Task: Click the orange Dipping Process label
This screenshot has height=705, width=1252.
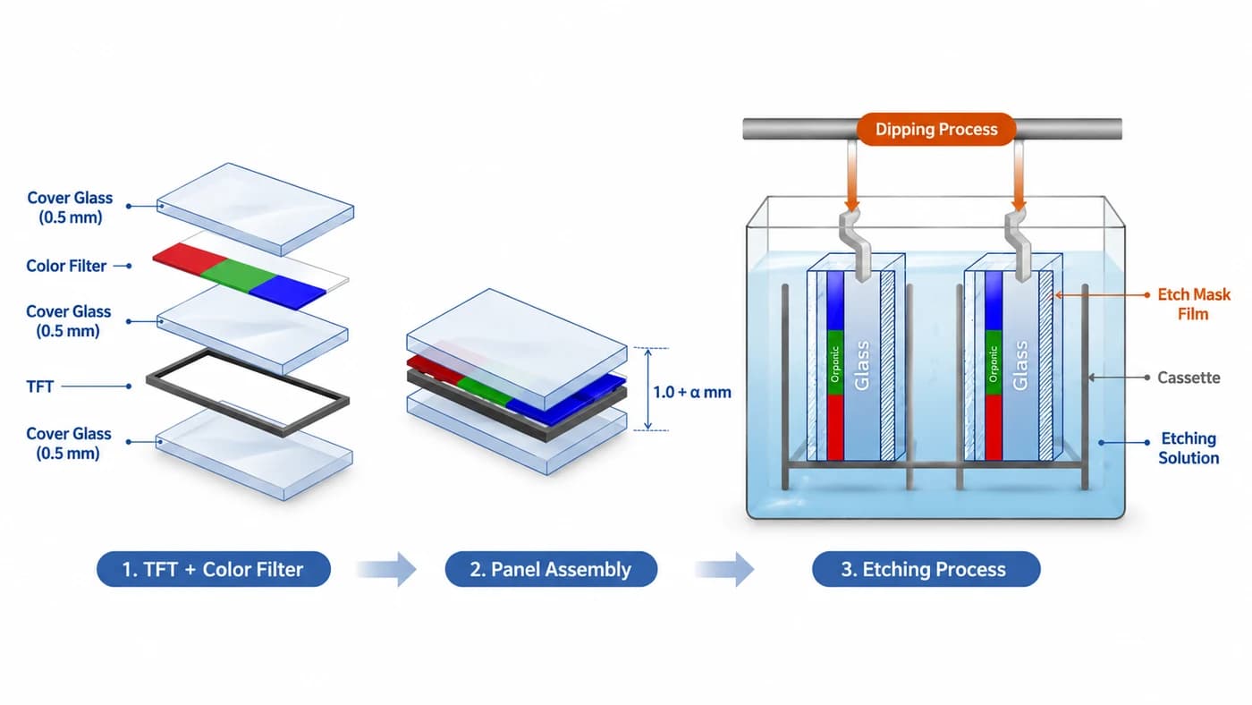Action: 936,129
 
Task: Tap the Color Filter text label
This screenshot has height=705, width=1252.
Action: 66,266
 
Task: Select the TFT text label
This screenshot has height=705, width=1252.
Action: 39,386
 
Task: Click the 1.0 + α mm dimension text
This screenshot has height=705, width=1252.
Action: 692,392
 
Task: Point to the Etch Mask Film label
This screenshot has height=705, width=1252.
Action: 1193,304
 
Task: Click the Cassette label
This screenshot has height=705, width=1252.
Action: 1189,378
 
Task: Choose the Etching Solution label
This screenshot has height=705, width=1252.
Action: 1189,448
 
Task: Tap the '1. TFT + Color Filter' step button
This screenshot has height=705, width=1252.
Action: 214,569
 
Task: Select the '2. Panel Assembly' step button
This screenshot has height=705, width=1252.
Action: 551,569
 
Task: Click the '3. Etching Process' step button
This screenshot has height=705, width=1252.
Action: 926,569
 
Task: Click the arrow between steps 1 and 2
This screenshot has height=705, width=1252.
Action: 386,569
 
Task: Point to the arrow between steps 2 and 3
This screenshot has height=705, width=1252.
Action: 724,569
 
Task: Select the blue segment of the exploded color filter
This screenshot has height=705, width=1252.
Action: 287,293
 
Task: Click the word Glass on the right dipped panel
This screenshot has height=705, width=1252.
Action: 1020,366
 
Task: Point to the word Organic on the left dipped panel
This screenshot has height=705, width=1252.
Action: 835,364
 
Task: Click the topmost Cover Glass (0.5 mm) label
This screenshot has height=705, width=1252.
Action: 70,208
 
